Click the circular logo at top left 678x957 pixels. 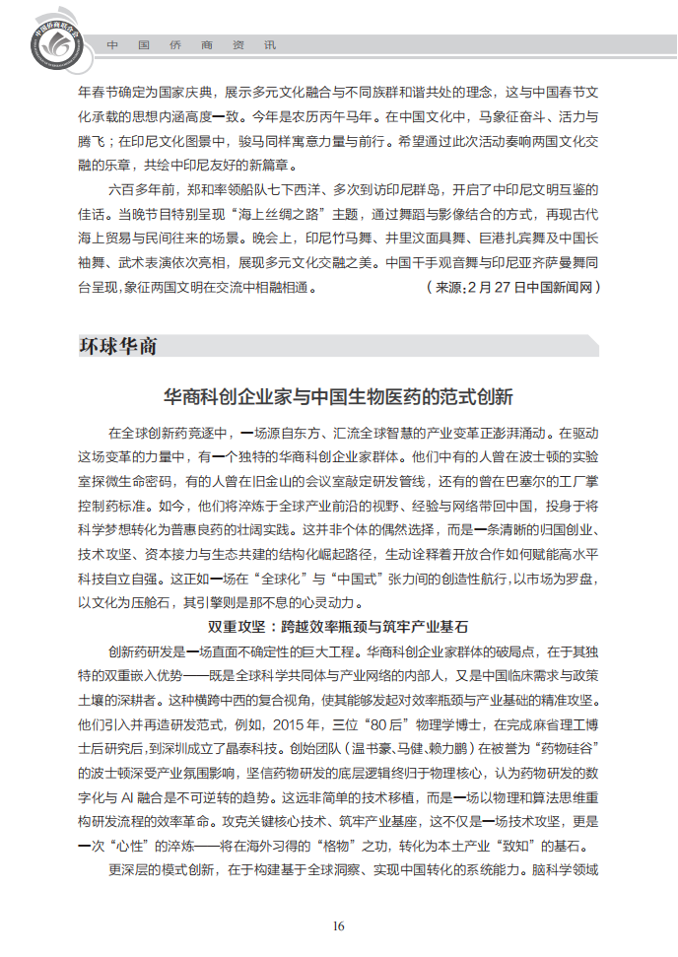46,40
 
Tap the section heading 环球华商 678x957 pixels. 117,346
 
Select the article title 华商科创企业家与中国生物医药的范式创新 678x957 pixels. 338,398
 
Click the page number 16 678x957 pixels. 338,925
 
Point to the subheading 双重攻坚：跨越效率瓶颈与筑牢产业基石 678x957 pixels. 338,627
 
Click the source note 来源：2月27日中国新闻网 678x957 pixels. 511,287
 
